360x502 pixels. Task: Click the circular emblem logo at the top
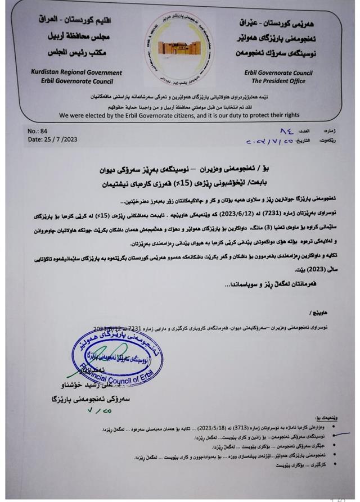[x=179, y=49]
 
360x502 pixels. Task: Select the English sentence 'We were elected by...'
[x=180, y=115]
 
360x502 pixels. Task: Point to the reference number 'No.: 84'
[x=38, y=130]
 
